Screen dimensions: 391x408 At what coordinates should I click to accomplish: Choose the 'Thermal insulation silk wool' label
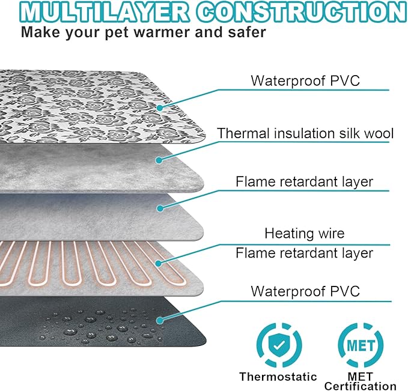305,133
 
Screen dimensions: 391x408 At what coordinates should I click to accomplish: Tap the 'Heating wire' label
305,232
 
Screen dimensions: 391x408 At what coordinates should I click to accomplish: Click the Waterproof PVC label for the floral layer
305,80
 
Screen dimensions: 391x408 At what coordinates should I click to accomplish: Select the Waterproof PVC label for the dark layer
305,292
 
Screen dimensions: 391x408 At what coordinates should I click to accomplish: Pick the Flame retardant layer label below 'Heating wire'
305,253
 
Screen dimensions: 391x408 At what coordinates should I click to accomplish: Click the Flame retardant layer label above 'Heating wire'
305,181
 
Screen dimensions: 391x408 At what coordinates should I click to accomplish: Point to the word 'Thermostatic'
278,377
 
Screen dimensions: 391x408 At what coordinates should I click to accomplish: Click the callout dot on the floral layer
160,108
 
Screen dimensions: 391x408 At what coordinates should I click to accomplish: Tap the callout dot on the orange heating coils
160,262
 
